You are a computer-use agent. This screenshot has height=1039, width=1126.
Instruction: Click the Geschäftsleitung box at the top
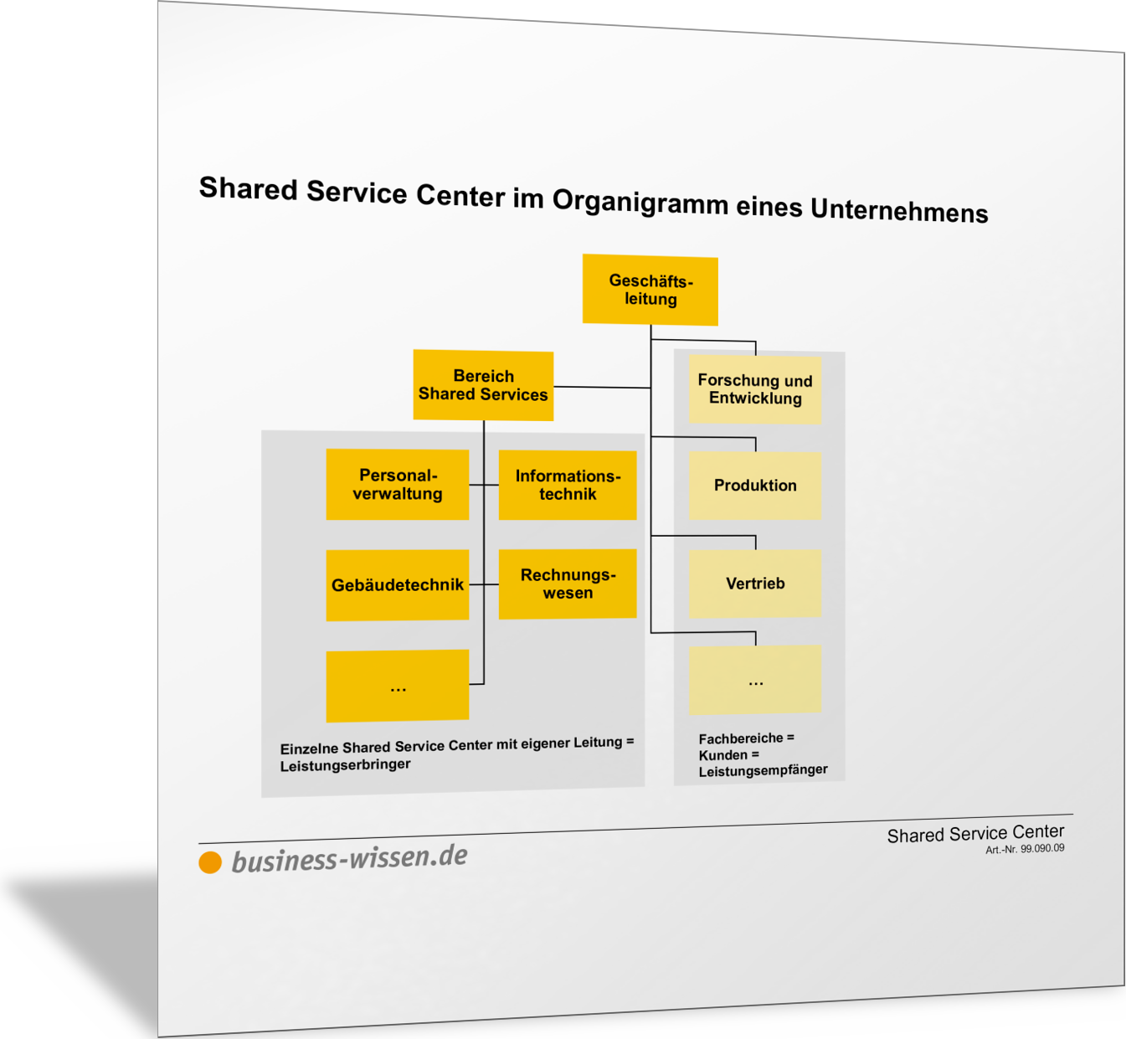650,290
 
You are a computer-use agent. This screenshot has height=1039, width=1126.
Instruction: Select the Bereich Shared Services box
483,385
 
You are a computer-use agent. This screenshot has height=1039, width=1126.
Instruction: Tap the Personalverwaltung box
397,485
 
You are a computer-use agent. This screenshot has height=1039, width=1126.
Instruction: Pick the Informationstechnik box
568,485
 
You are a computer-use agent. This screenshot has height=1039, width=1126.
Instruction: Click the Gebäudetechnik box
397,585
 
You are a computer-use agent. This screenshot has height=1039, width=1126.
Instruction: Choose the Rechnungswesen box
568,584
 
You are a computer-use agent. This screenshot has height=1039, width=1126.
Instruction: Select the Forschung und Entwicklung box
755,389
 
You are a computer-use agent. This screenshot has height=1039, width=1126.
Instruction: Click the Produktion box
755,486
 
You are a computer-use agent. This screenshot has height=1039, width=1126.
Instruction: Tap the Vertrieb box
755,584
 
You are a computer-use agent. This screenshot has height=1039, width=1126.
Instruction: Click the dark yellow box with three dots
397,686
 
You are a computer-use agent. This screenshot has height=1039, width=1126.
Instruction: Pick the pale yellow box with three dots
755,679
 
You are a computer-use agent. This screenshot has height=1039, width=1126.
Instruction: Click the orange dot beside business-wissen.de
210,862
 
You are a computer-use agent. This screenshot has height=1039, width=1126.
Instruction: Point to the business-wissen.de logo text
349,858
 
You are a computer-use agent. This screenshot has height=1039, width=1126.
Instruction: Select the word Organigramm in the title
640,201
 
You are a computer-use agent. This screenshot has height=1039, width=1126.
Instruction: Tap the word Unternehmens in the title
899,210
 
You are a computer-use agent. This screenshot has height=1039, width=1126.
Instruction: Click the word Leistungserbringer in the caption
345,765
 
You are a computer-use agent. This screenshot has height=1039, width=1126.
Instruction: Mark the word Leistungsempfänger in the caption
763,770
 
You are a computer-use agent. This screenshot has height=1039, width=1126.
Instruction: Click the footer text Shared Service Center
975,834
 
